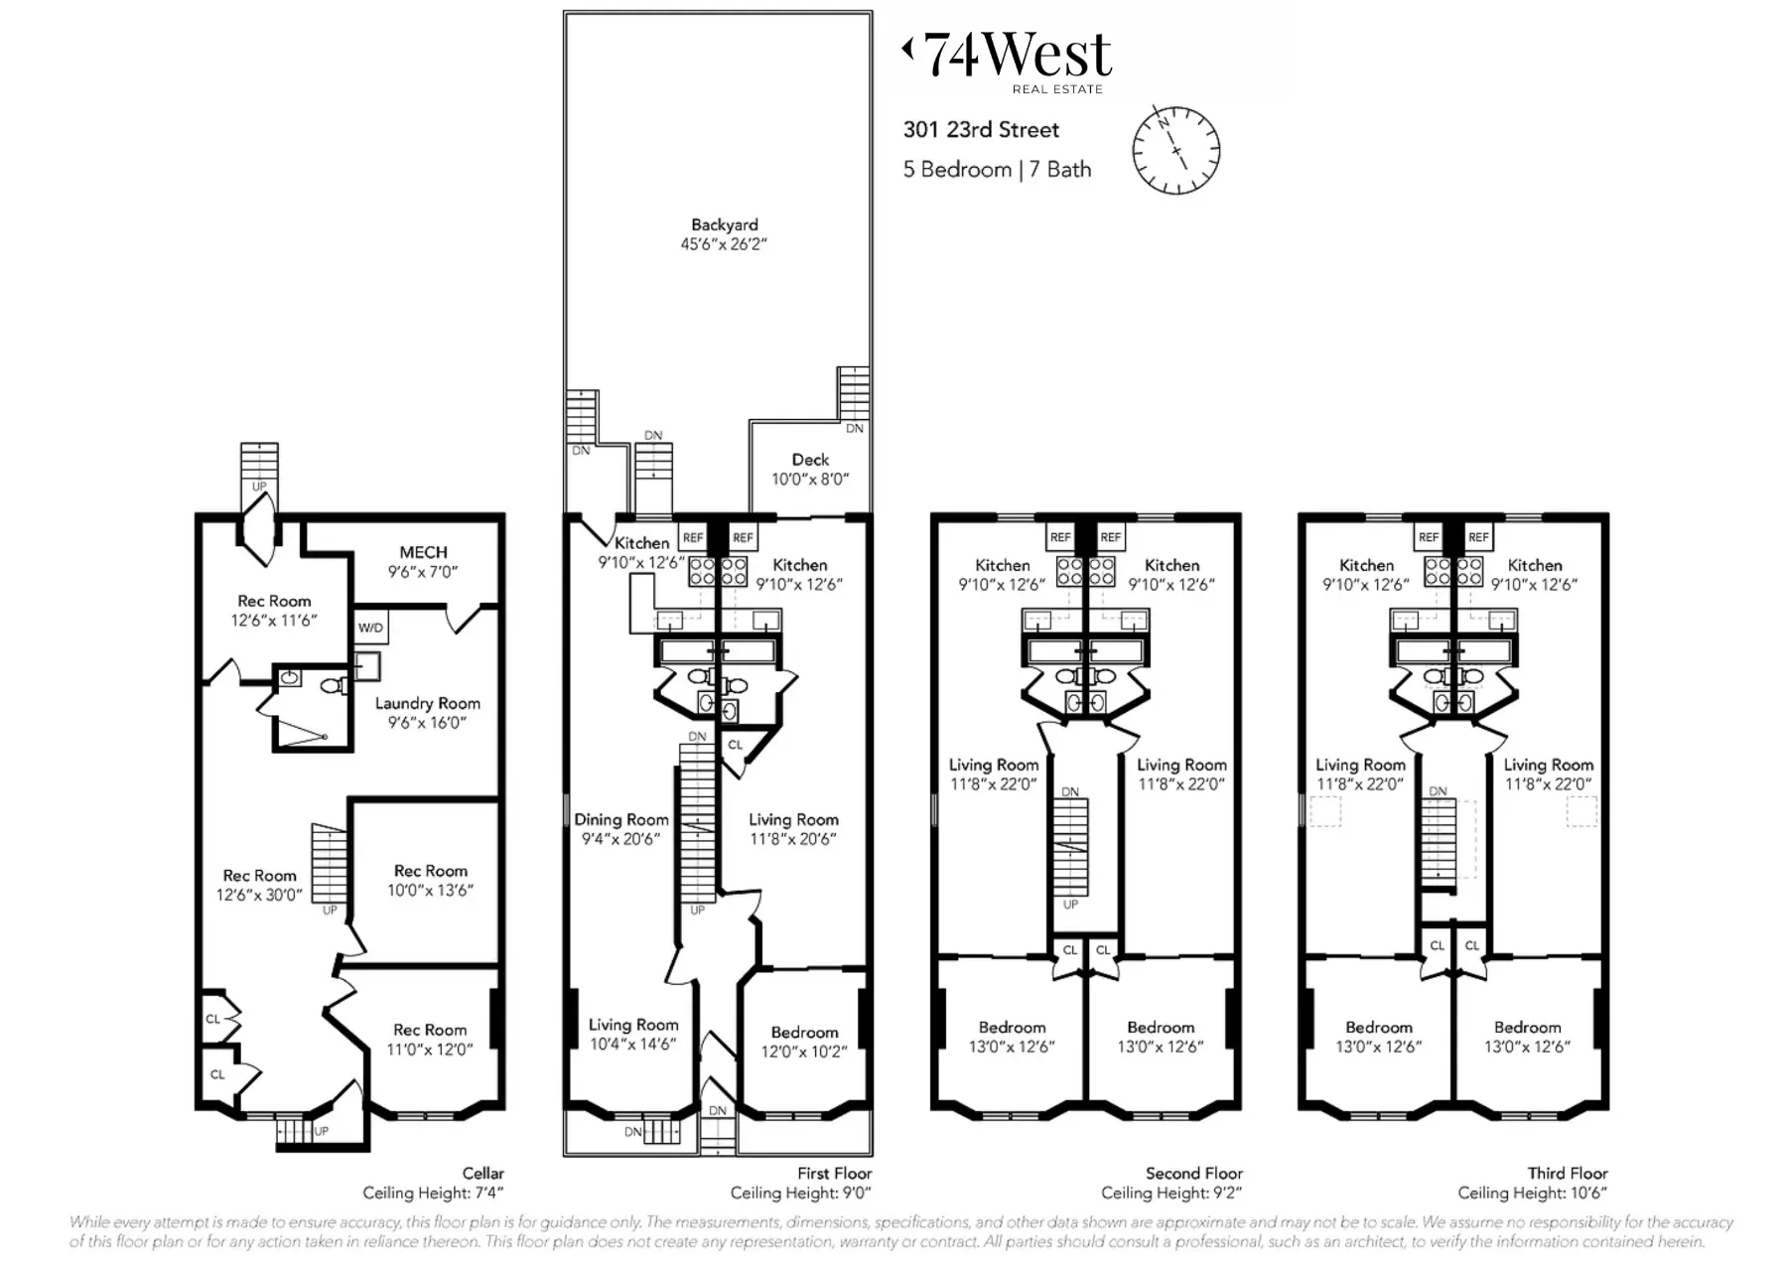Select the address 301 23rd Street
[980, 130]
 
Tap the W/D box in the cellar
[370, 628]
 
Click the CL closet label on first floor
[736, 745]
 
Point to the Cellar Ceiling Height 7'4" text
[433, 1193]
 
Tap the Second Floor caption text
[1193, 1173]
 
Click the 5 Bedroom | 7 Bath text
[996, 170]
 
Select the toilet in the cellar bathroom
[332, 685]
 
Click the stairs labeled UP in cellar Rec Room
[329, 864]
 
